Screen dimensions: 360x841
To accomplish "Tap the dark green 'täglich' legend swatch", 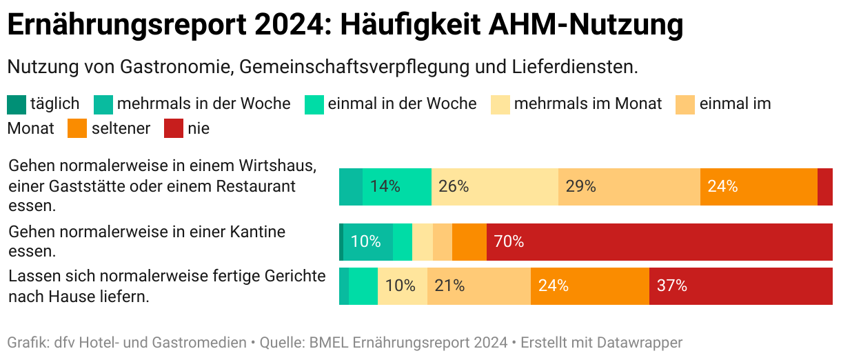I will [x=17, y=104].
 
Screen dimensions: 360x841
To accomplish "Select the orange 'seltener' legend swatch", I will [x=77, y=128].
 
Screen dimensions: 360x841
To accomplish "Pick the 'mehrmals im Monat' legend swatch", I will [x=500, y=104].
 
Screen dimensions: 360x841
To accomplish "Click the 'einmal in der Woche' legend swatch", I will [x=314, y=104].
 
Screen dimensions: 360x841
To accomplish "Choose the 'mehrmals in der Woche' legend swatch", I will [x=103, y=104].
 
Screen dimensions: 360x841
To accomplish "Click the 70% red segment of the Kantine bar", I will [x=659, y=241].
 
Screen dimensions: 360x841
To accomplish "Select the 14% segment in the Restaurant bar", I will [x=397, y=186].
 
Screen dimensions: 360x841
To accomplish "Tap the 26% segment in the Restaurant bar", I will [x=495, y=186].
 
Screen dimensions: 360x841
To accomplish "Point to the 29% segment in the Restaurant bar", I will [x=629, y=186].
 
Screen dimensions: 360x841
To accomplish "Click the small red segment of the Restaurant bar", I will [x=824, y=186].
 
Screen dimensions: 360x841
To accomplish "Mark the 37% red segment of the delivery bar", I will [x=740, y=286].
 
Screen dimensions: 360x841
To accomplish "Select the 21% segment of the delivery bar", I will [x=478, y=286].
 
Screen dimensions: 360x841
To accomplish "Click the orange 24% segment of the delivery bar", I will [x=589, y=286].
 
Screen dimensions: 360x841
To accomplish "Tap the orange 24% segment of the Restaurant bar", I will [x=758, y=186].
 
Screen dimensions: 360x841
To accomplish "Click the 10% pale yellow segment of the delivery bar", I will [x=403, y=286].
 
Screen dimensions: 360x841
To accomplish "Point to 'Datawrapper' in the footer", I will [x=639, y=343].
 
